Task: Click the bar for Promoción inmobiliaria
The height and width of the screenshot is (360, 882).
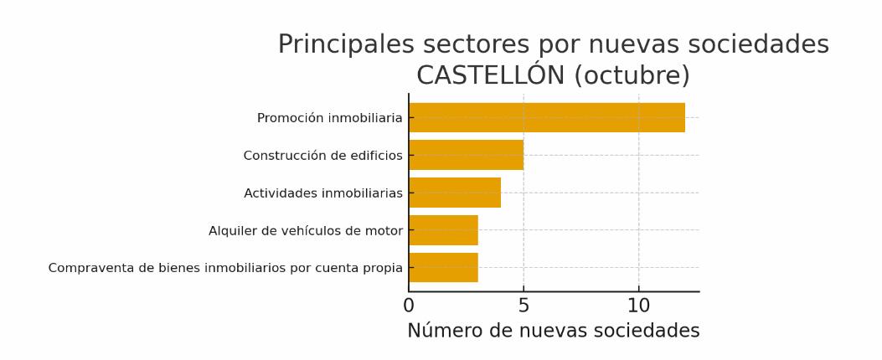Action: point(546,118)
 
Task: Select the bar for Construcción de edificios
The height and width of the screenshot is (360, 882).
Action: point(466,155)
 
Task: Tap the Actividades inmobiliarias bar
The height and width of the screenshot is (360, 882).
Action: point(455,193)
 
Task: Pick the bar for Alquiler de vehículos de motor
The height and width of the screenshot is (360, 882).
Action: point(443,230)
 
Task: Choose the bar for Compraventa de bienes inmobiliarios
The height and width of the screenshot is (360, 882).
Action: point(443,268)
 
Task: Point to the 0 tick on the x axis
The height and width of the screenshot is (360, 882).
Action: point(409,306)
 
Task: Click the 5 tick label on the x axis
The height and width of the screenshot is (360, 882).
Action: point(524,306)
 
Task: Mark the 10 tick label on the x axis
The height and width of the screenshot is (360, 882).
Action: point(638,306)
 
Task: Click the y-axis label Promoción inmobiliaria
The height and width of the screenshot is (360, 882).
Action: point(329,118)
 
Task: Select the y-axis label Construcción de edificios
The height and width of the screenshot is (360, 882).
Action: point(322,156)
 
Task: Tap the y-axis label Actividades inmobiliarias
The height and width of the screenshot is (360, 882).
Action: point(322,193)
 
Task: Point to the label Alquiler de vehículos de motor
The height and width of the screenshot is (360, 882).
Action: point(305,231)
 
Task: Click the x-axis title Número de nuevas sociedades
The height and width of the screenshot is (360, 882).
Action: point(553,331)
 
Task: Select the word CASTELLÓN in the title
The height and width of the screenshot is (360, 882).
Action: point(491,75)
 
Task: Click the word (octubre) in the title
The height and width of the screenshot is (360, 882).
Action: point(632,75)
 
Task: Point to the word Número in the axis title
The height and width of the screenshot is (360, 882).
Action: point(444,331)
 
